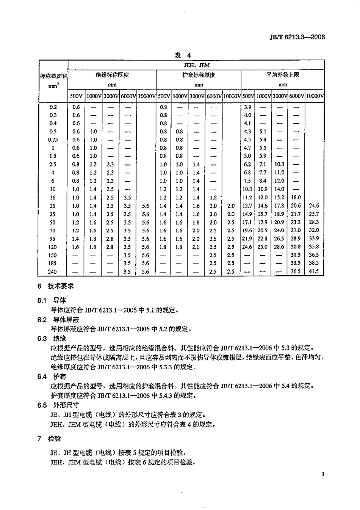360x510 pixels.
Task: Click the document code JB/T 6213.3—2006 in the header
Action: pyautogui.click(x=297, y=37)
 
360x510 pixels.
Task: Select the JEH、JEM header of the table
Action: pyautogui.click(x=196, y=65)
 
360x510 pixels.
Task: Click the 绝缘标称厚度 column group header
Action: pyautogui.click(x=112, y=75)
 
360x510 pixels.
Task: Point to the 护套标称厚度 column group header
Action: pyautogui.click(x=199, y=75)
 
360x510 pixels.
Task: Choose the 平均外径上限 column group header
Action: pyautogui.click(x=282, y=75)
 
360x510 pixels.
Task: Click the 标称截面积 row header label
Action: pyautogui.click(x=53, y=76)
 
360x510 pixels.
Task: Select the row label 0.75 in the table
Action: pyautogui.click(x=53, y=140)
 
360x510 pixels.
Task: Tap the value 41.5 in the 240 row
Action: pyautogui.click(x=314, y=271)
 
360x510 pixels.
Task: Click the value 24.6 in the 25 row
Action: pyautogui.click(x=314, y=206)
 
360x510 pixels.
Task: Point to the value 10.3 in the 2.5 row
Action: pyautogui.click(x=279, y=164)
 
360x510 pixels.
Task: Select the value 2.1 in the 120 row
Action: pyautogui.click(x=196, y=247)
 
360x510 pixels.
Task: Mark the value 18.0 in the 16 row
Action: pyautogui.click(x=296, y=197)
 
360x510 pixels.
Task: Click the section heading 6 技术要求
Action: pyautogui.click(x=55, y=287)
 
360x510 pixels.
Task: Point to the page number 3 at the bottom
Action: pyautogui.click(x=322, y=474)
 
